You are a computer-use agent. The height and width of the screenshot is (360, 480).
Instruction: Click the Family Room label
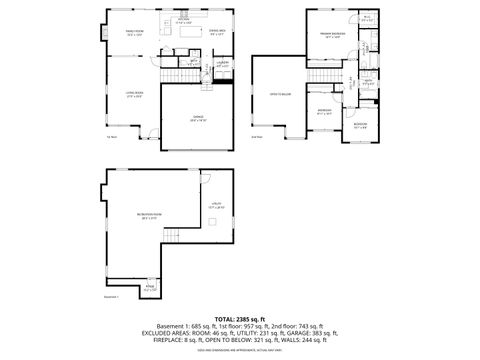click(133, 33)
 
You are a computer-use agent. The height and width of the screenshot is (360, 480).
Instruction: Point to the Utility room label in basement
click(215, 206)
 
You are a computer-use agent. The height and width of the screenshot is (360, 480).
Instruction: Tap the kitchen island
click(188, 32)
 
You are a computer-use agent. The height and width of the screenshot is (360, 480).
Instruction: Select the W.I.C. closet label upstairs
click(366, 18)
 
